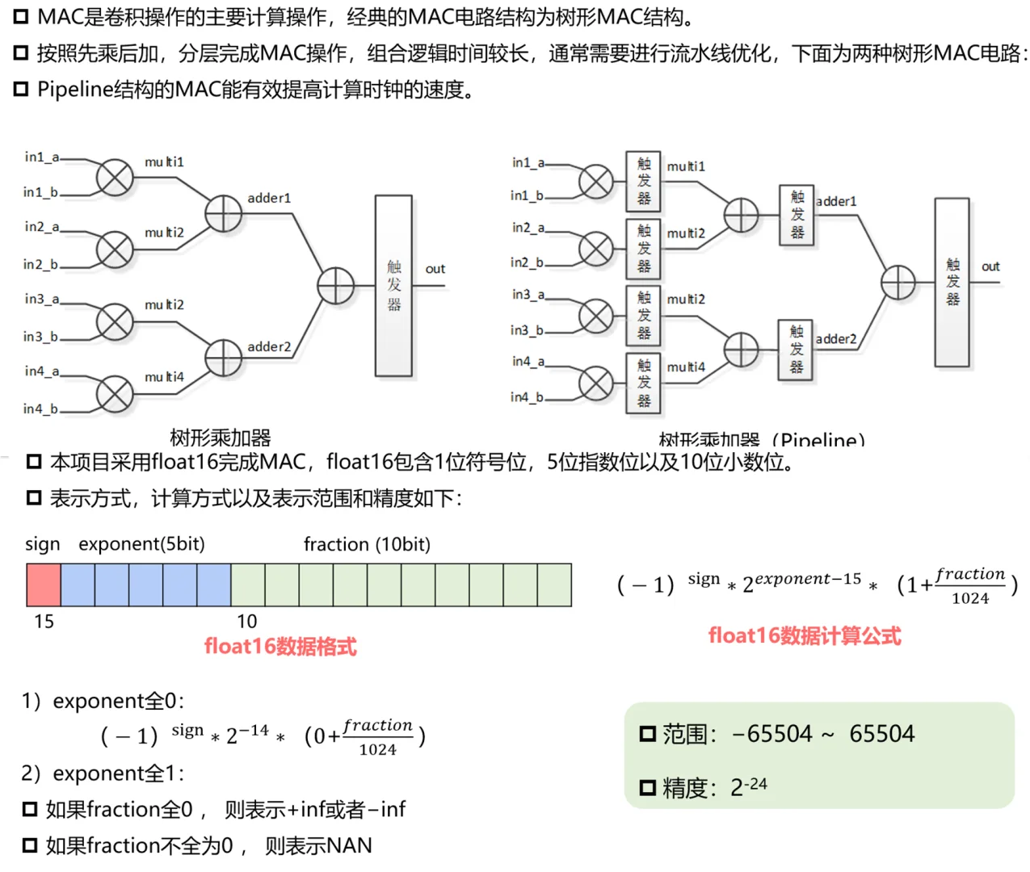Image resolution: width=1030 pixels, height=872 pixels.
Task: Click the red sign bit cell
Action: pos(44,585)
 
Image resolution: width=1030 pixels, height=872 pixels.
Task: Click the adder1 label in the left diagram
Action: pos(269,198)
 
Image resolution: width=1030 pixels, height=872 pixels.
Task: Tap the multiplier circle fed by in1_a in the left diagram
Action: pos(115,177)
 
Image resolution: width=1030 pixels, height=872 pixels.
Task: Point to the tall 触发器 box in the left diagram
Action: pos(393,286)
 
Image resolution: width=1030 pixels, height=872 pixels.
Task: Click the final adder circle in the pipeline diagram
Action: pos(898,283)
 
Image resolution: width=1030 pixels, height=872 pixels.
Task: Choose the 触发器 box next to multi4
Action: pos(643,384)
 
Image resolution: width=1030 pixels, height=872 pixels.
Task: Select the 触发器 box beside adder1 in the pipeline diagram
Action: pos(797,215)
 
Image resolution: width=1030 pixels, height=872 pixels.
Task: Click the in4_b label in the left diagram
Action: pos(40,409)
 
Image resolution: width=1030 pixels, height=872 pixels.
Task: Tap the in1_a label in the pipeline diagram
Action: pos(528,162)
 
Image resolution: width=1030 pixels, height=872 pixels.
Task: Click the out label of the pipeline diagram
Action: pos(990,266)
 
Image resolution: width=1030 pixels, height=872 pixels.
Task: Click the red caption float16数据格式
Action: pos(280,647)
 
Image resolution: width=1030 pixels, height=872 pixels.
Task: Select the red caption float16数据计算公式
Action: pos(805,636)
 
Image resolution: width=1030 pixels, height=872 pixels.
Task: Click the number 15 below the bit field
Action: pos(44,621)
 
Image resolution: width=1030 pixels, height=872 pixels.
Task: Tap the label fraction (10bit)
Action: pos(367,544)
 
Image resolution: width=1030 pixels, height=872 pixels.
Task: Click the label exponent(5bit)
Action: pos(141,544)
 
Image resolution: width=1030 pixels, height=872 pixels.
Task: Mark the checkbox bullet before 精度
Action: pos(648,788)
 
